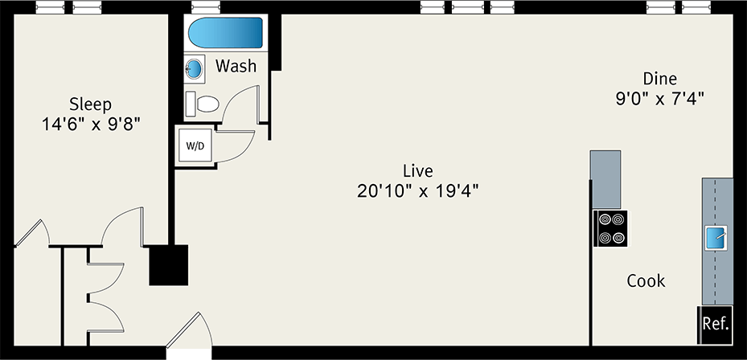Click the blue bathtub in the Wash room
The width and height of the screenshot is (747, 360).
point(225,34)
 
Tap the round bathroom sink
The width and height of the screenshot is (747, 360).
point(195,68)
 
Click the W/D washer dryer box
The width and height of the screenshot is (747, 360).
point(195,146)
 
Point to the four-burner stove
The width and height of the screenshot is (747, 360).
point(610,228)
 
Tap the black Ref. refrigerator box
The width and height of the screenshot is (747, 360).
point(715,325)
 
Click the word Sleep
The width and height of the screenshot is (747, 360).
point(90,104)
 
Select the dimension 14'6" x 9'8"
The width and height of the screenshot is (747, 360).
point(90,125)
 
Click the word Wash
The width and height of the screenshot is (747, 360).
point(236,66)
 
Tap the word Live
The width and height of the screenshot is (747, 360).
point(417,170)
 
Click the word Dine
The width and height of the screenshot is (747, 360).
point(659,79)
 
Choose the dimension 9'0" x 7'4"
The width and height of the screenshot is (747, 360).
point(660,99)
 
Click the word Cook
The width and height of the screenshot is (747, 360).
point(646,280)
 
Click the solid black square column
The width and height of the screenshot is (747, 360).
point(168,264)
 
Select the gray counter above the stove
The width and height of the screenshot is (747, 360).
point(605,178)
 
